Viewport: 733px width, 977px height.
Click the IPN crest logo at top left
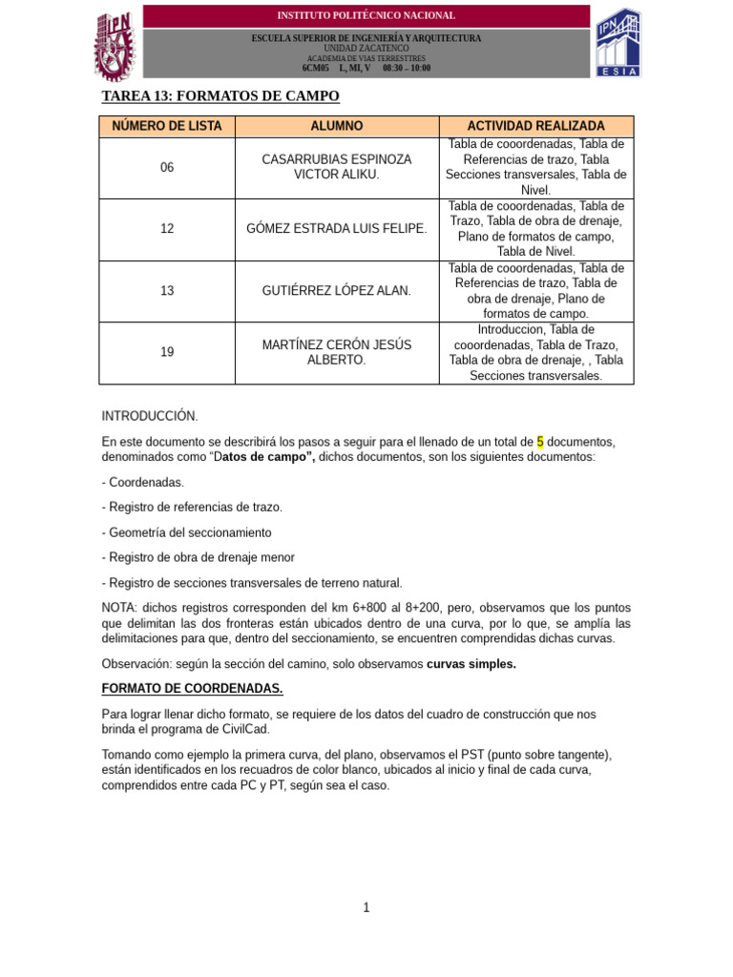[x=116, y=45]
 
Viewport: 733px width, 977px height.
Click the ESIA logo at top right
[x=618, y=43]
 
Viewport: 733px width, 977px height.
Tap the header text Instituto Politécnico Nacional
[x=366, y=15]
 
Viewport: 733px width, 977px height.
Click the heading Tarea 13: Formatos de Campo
[x=220, y=96]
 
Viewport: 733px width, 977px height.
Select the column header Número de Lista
[x=167, y=126]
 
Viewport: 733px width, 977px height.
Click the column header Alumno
[x=337, y=126]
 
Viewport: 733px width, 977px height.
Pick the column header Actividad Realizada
[x=535, y=126]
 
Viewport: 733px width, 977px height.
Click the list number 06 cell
[x=167, y=167]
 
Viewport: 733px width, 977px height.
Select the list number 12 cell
[x=167, y=229]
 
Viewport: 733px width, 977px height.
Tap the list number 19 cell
[x=167, y=352]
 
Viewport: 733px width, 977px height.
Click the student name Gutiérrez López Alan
[x=337, y=290]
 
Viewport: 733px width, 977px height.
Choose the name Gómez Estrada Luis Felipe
[x=337, y=229]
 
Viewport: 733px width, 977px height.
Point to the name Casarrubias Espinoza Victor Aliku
[x=337, y=167]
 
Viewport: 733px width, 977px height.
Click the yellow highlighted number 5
[x=540, y=442]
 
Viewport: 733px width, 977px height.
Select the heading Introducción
[x=150, y=416]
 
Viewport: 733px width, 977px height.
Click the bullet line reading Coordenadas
[x=143, y=483]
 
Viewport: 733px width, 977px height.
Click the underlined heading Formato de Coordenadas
[x=192, y=688]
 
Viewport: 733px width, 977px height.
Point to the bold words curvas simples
[x=471, y=664]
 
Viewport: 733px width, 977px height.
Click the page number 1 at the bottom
[x=366, y=907]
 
